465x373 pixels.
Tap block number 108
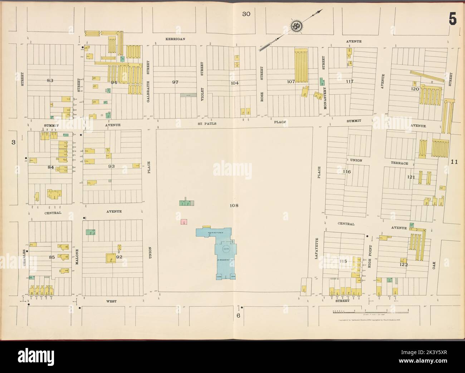coord(234,206)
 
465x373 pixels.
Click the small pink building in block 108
coord(184,222)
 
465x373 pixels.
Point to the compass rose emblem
coord(296,26)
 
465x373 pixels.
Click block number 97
coord(175,82)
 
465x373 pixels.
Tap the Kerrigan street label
coord(175,39)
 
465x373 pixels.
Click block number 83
coord(50,80)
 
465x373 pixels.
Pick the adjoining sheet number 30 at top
coord(246,14)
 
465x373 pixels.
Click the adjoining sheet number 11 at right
coord(454,162)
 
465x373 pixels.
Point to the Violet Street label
coord(201,82)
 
